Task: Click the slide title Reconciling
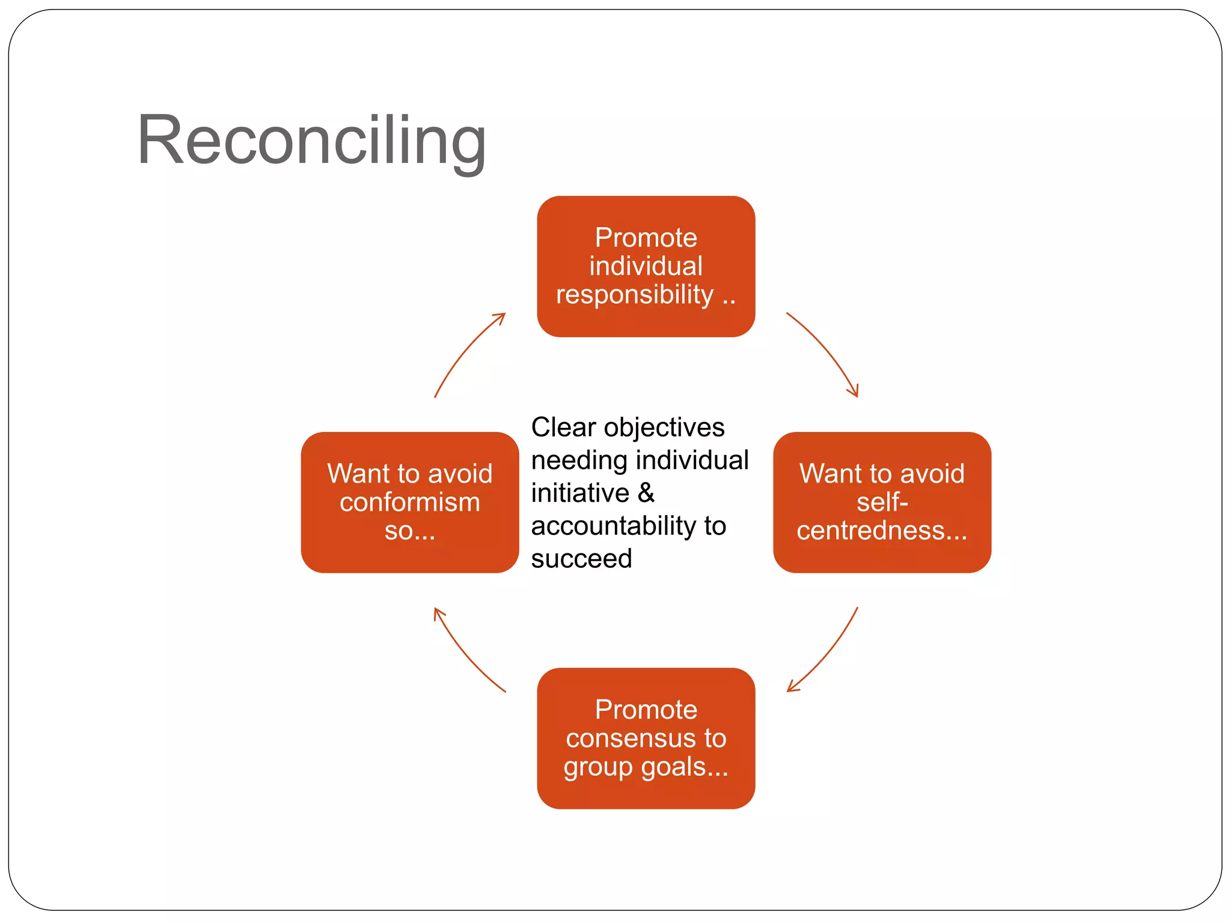(311, 141)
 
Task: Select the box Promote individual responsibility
(646, 266)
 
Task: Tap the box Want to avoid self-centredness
(882, 502)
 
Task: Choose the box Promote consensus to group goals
(646, 738)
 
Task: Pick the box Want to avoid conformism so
(410, 502)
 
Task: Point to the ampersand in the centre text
(646, 493)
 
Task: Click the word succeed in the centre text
(581, 559)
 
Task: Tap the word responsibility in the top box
(634, 294)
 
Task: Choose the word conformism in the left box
(410, 502)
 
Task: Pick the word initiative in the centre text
(580, 493)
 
